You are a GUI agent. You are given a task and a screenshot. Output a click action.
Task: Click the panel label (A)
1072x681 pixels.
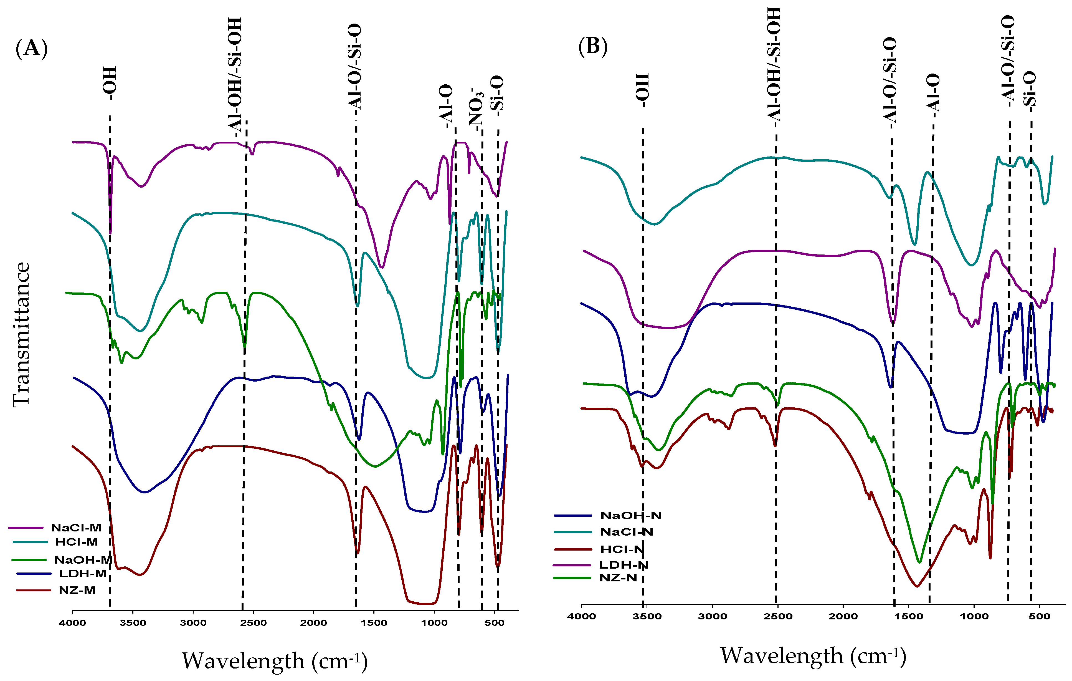pos(31,48)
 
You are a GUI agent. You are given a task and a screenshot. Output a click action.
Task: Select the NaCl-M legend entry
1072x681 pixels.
pos(76,528)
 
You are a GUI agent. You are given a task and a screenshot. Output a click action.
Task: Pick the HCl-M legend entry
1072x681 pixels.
pos(77,542)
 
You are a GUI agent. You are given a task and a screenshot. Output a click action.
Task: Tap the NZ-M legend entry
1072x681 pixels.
pos(77,591)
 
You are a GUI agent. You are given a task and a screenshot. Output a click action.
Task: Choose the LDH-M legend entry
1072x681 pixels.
pos(83,574)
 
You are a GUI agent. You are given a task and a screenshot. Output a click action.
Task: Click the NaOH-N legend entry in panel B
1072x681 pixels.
pos(630,516)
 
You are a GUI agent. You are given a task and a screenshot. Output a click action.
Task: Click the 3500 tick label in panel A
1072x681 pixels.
pos(133,623)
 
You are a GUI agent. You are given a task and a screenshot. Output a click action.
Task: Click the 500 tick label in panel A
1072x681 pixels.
pos(494,623)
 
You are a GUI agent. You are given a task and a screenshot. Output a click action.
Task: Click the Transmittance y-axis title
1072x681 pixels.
pos(21,334)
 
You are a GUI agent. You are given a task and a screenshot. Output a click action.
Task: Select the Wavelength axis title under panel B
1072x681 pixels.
pos(813,656)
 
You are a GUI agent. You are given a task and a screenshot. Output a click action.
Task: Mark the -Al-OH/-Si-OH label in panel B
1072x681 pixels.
pos(774,65)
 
